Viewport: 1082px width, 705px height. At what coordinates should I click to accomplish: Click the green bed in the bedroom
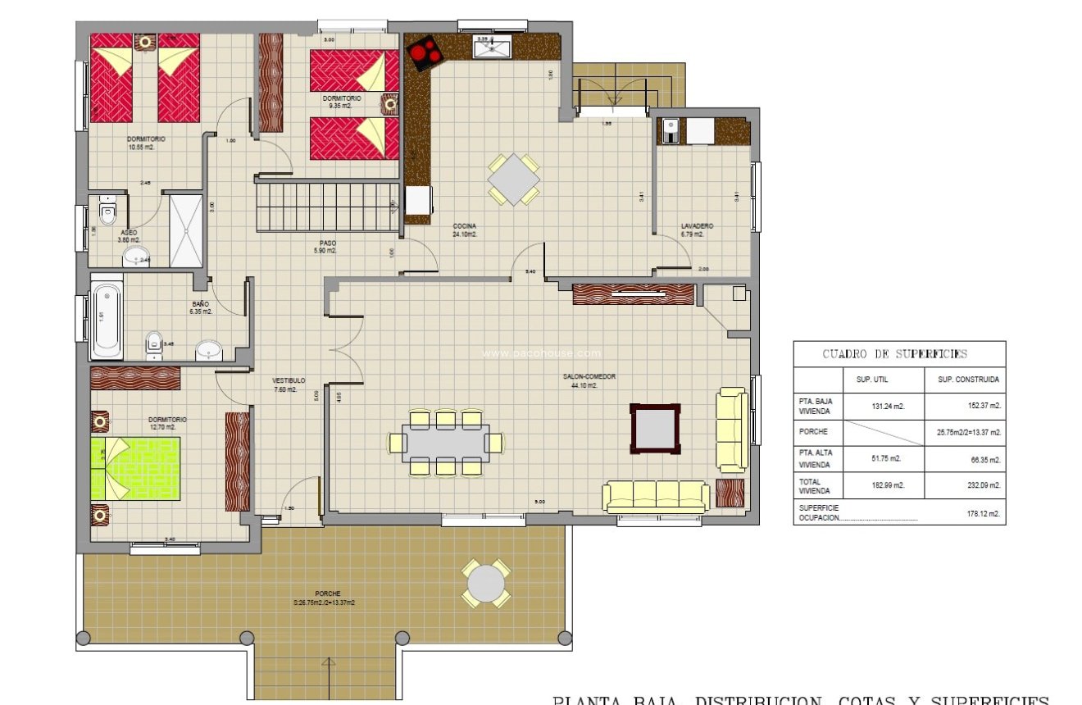[135, 468]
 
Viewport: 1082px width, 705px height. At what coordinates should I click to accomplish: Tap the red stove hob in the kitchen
[424, 54]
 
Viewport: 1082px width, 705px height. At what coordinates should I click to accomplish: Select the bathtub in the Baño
[107, 321]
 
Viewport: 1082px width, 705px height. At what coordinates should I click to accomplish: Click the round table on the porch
[487, 583]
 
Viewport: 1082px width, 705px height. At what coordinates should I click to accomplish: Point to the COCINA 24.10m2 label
[464, 230]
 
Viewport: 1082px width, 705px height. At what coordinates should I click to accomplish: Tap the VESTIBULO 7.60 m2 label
[289, 384]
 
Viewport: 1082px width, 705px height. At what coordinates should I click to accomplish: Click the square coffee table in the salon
[654, 428]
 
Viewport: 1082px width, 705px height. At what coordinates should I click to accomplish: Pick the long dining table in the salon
[446, 443]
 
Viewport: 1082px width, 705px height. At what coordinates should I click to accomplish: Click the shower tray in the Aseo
[186, 230]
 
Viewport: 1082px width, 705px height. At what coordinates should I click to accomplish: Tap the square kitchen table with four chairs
[514, 179]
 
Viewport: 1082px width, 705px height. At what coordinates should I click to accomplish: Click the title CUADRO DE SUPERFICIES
[894, 354]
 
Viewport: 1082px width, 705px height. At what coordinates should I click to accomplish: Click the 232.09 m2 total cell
[980, 485]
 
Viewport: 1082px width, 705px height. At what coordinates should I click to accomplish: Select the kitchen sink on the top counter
[492, 48]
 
